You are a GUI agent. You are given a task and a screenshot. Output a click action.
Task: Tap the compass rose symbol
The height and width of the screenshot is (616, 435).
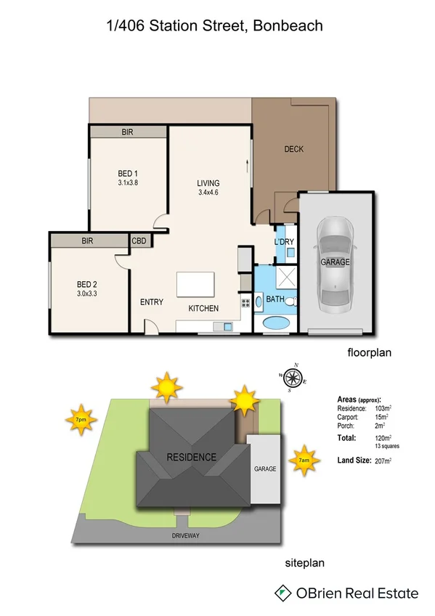293,377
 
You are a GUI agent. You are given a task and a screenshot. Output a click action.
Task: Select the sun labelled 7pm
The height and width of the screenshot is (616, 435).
81,419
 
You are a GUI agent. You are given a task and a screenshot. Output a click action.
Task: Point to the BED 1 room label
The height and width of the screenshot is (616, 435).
128,173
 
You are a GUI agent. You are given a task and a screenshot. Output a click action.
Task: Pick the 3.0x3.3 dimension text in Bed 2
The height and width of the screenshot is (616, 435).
87,293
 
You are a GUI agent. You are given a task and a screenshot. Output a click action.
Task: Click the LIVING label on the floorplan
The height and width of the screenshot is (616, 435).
208,183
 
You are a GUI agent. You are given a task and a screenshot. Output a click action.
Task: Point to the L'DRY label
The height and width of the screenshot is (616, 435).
284,240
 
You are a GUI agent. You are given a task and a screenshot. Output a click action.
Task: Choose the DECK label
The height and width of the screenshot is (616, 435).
293,149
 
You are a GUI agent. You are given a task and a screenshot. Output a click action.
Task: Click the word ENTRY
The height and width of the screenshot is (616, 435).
151,302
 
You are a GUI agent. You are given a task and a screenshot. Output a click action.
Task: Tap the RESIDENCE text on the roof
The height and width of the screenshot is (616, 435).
192,457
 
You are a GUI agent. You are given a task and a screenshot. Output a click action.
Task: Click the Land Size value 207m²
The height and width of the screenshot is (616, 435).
382,461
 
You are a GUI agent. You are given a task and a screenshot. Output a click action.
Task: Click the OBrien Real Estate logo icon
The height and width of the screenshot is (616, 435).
282,593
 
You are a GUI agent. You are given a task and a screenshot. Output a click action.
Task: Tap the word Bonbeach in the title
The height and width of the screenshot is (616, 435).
286,25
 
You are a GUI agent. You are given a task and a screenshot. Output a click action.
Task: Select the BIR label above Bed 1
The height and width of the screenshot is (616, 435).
128,132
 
